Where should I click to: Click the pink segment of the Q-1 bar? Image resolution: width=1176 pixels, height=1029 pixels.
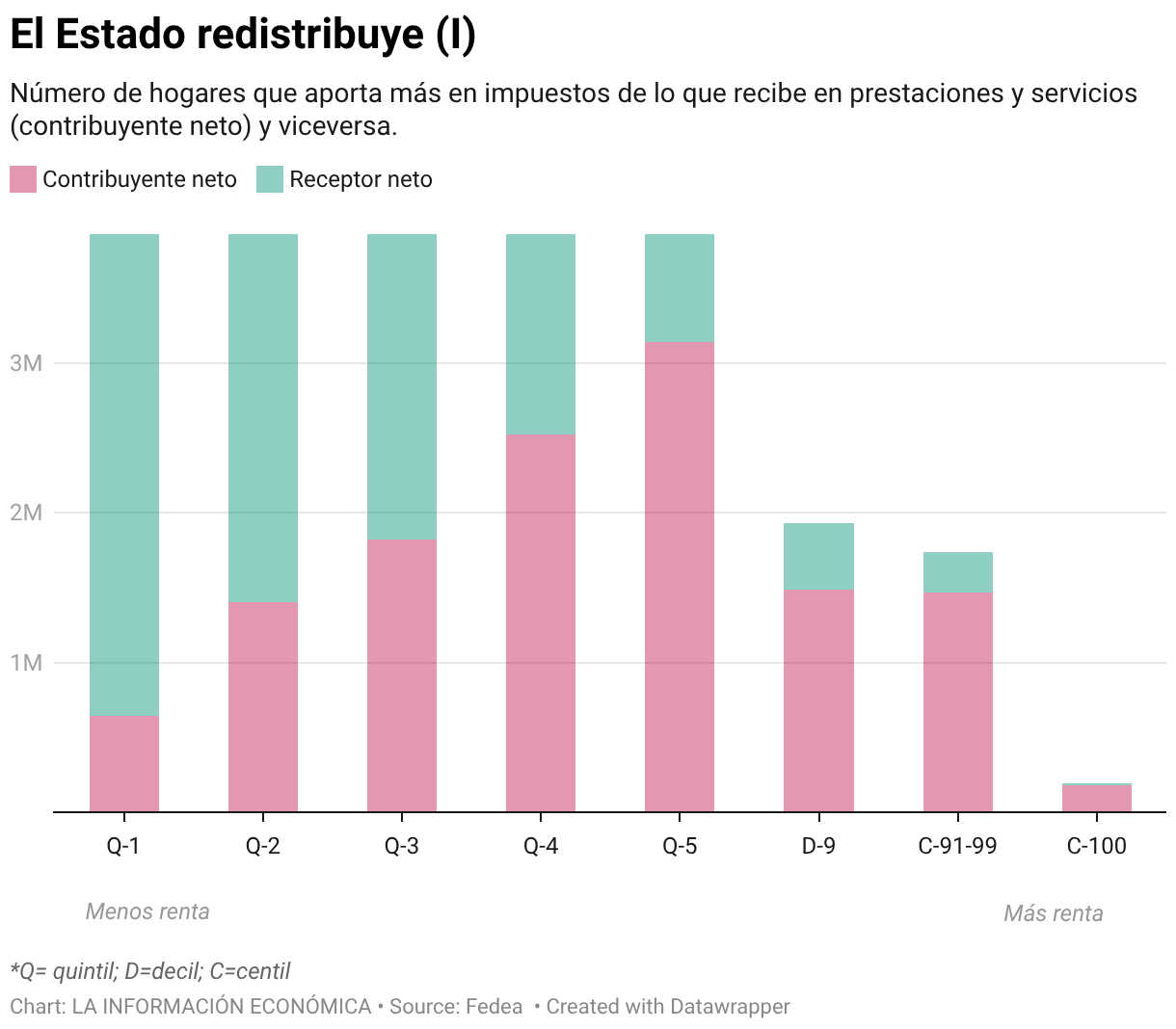click(123, 763)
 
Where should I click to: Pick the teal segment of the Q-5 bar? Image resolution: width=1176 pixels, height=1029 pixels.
click(679, 287)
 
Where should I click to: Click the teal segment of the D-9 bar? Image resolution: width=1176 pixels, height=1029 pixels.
click(817, 556)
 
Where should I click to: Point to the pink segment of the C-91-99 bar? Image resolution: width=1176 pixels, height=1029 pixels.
click(957, 701)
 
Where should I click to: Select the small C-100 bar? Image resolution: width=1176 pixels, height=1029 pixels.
click(1096, 799)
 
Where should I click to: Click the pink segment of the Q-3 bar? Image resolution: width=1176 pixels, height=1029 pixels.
click(401, 674)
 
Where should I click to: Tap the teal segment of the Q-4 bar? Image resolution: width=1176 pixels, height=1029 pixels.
click(540, 333)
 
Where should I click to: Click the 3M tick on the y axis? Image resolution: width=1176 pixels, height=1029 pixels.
click(26, 363)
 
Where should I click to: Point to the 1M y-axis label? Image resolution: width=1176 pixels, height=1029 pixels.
click(26, 663)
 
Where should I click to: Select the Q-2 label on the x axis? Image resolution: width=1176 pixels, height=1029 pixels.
click(262, 846)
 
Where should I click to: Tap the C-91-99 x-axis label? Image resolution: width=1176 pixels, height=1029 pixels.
click(957, 846)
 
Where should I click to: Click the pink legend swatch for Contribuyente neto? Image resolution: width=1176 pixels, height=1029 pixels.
click(23, 179)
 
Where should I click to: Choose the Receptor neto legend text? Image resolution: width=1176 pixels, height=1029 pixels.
click(361, 179)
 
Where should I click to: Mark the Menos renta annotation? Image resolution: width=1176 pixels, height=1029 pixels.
click(147, 911)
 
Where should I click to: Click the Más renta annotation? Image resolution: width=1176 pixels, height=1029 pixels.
click(1053, 913)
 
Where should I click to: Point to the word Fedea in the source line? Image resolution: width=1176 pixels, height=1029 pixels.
click(494, 1007)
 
